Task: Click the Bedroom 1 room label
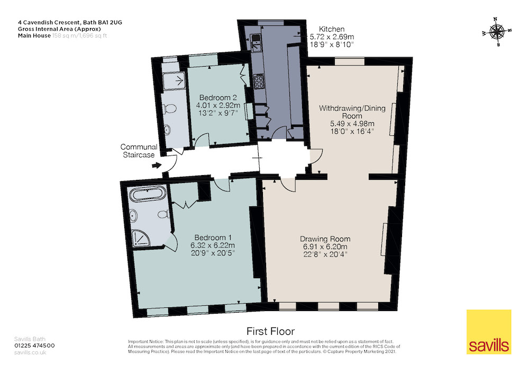[213, 238]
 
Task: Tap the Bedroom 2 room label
[218, 97]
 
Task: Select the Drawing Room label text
[325, 239]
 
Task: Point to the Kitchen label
[332, 29]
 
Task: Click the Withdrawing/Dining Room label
[352, 112]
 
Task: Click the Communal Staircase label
[139, 151]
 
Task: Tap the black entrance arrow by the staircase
[156, 166]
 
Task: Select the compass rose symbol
[497, 32]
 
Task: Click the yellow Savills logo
[489, 332]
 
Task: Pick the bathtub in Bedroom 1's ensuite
[148, 195]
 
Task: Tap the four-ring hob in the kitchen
[259, 81]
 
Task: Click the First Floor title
[270, 331]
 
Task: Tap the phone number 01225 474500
[34, 345]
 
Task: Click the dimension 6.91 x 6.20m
[325, 247]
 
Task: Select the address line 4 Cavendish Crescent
[70, 23]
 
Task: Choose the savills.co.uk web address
[30, 352]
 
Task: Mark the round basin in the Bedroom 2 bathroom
[167, 130]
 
